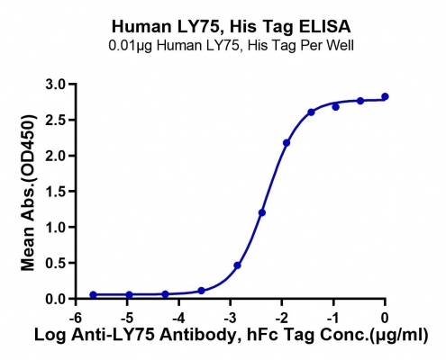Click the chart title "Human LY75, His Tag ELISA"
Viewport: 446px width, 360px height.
click(232, 26)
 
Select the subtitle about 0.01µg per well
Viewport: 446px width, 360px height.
click(232, 46)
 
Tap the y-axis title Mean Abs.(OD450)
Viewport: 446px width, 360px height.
click(28, 193)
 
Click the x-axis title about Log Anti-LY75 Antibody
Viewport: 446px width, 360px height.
click(232, 335)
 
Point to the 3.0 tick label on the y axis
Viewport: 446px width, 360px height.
click(56, 85)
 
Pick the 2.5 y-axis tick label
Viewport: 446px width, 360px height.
click(56, 120)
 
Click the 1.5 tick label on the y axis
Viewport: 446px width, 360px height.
click(56, 192)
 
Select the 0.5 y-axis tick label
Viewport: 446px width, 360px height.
click(56, 263)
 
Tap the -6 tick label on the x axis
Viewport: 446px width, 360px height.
click(76, 318)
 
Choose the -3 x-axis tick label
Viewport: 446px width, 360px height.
click(230, 318)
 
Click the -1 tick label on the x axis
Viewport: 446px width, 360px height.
click(333, 318)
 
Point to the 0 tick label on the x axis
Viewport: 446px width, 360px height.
click(385, 318)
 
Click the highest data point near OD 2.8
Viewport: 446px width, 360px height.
click(385, 96)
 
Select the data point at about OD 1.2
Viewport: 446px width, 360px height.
click(262, 212)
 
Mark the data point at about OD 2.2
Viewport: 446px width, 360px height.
click(287, 143)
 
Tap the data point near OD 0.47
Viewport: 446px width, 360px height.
click(237, 265)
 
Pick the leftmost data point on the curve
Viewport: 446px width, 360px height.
click(94, 295)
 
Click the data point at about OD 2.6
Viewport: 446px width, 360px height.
click(311, 112)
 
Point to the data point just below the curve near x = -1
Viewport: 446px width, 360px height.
click(336, 107)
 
